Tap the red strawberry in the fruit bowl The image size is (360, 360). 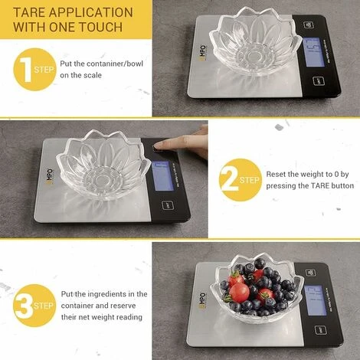click(240, 292)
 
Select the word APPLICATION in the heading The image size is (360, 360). click(88, 13)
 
